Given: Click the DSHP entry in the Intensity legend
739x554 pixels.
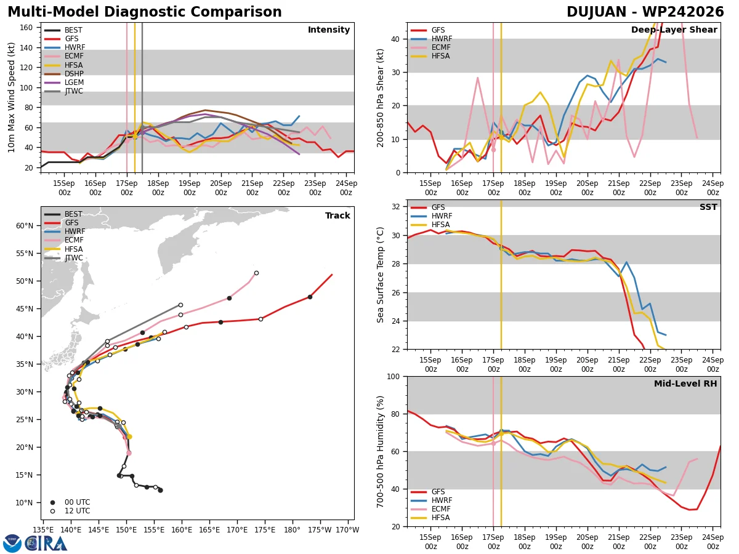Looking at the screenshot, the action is click(x=64, y=74).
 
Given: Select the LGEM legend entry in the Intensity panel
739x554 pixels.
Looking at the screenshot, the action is click(x=64, y=82).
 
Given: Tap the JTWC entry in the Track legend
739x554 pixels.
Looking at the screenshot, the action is click(x=63, y=258).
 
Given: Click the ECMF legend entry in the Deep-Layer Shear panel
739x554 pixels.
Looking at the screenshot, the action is click(x=430, y=47).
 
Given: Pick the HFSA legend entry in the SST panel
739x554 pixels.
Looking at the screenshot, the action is click(x=430, y=225).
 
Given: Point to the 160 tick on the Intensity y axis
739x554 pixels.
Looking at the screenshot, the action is click(x=26, y=28).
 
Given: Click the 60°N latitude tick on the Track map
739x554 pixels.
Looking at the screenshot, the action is click(x=25, y=226).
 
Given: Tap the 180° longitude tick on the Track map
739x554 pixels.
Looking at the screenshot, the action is click(x=292, y=530).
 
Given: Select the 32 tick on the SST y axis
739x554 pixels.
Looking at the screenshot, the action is click(x=395, y=207).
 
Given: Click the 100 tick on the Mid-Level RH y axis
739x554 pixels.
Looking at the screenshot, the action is click(x=394, y=377).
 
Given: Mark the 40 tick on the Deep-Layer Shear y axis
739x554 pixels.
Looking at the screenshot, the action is click(x=395, y=39).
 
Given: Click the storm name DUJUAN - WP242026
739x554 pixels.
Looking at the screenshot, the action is click(x=645, y=12).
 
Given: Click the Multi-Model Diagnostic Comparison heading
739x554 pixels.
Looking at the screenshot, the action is click(x=145, y=12).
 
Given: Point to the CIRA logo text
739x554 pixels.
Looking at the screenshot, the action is click(x=46, y=544).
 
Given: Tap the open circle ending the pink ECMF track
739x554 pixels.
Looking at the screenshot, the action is click(x=257, y=273).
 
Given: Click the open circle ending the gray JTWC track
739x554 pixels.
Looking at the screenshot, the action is click(x=181, y=305).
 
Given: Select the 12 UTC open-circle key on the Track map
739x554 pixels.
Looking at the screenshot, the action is click(x=70, y=511).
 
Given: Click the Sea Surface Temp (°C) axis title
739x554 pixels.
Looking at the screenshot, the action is click(x=380, y=275).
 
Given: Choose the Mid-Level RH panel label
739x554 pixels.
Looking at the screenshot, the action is click(x=685, y=383).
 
